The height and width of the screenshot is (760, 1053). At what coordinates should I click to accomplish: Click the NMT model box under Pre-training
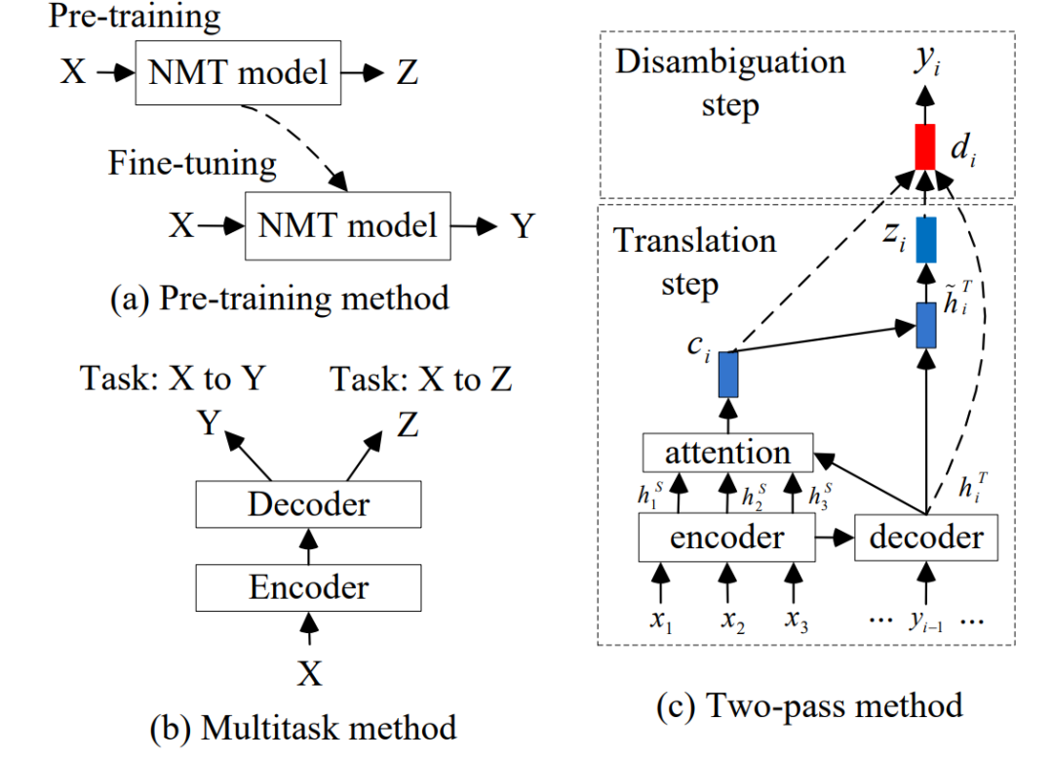coord(240,72)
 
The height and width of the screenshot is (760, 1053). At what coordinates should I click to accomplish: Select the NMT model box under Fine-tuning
coord(347,226)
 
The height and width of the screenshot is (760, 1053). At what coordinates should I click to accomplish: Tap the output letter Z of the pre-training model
coord(408,72)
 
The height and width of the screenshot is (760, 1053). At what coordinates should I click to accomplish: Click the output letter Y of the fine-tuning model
coord(524,227)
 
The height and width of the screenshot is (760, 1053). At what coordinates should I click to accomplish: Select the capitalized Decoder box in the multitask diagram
coord(308,503)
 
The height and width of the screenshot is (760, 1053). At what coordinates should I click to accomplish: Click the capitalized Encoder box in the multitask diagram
coord(308,587)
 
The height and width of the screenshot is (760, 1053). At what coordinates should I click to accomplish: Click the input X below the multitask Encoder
coord(308,673)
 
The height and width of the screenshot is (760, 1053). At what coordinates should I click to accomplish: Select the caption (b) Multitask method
coord(303,727)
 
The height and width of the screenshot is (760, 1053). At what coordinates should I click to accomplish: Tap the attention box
coord(727,453)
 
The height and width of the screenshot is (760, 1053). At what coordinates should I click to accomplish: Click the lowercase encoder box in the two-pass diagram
coord(727,538)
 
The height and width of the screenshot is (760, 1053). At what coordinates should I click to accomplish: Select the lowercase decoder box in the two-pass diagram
coord(925,538)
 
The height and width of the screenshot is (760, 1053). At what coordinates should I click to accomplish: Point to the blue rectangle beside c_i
coord(727,374)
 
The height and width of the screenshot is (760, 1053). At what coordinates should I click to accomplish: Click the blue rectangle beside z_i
coord(925,239)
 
